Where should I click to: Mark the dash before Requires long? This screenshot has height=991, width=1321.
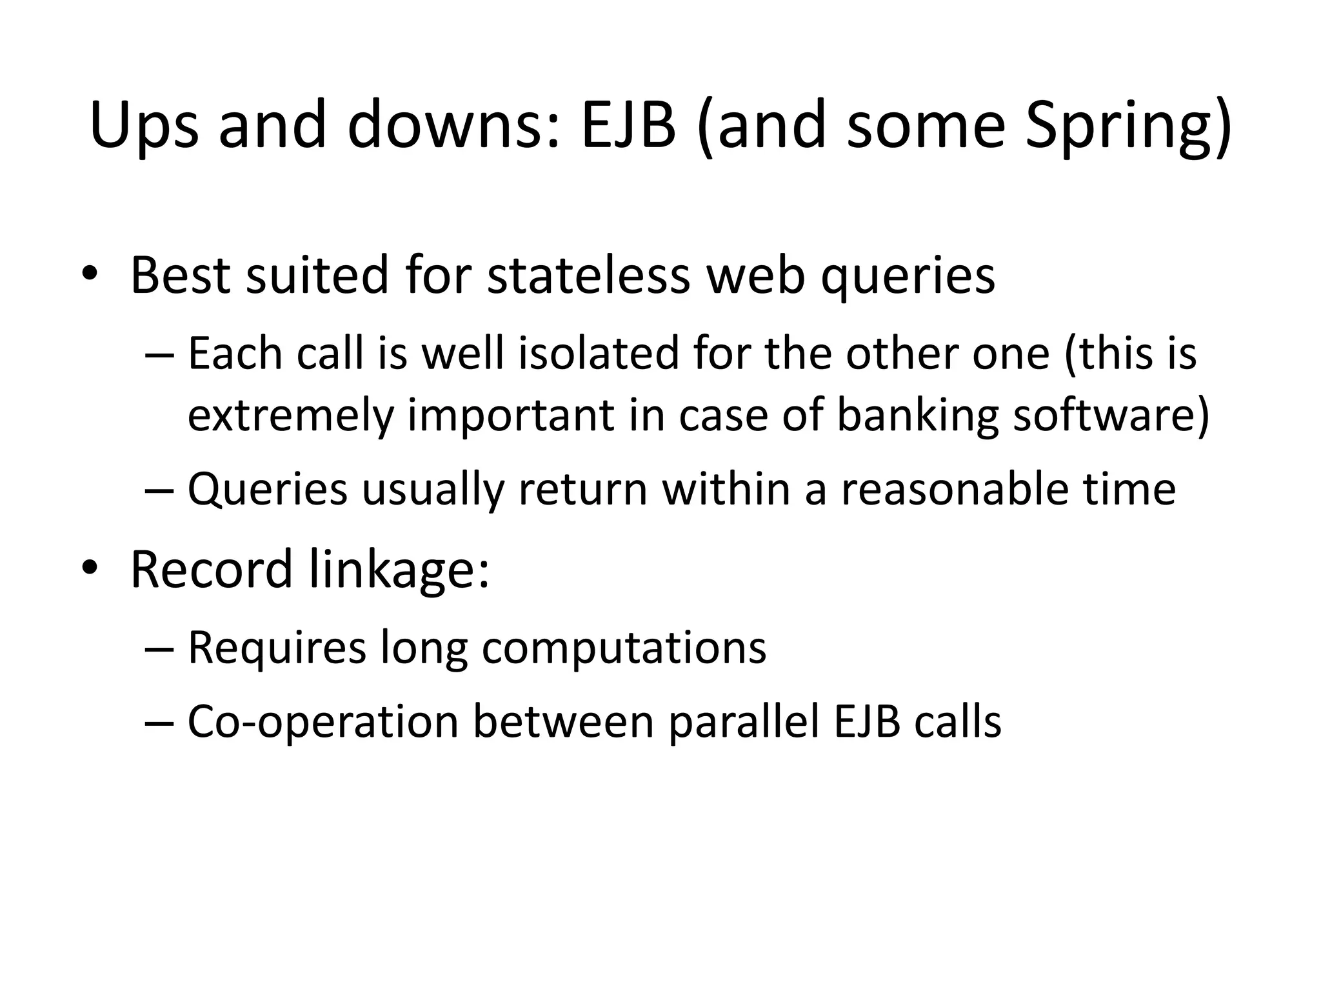pyautogui.click(x=159, y=649)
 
